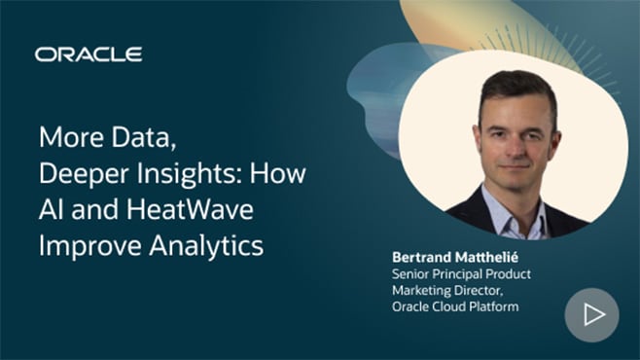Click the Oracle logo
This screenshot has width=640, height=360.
pyautogui.click(x=89, y=54)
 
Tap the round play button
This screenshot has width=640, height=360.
pyautogui.click(x=591, y=315)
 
